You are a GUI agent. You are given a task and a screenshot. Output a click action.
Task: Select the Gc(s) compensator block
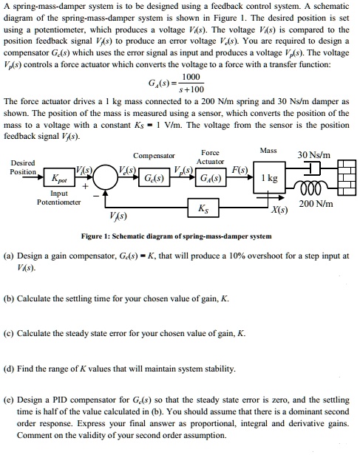tap(154, 179)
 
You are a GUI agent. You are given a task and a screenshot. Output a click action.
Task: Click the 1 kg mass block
tap(269, 179)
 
